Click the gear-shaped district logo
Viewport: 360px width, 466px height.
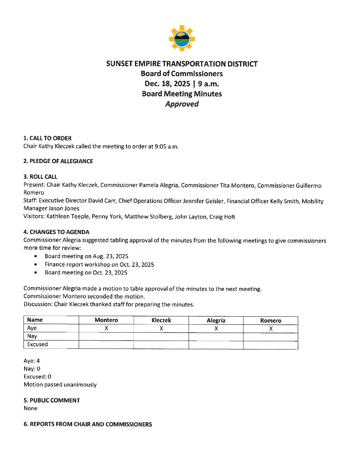point(182,38)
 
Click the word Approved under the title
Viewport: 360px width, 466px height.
point(182,104)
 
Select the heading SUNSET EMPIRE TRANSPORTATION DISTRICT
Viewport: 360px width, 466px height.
point(182,64)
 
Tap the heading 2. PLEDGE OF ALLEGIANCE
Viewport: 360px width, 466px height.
point(58,161)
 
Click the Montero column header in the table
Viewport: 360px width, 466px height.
point(106,320)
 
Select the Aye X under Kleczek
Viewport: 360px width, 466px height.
point(161,328)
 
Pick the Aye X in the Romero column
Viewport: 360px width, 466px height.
point(271,328)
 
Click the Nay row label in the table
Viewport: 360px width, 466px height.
point(32,336)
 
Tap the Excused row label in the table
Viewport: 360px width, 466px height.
point(37,344)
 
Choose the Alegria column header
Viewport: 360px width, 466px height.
point(216,320)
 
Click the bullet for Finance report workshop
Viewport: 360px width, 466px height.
point(36,264)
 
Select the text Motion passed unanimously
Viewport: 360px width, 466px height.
point(60,385)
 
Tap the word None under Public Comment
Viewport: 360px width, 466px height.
point(30,408)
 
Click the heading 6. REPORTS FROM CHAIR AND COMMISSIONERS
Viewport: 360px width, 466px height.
point(88,424)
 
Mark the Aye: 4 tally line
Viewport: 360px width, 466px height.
point(32,361)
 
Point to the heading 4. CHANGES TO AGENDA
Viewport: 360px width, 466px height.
point(56,232)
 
